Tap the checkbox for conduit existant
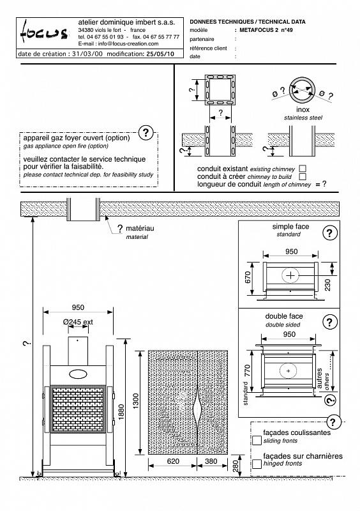pos(303,169)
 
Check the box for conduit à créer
pos(303,177)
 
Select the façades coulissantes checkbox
pos(257,440)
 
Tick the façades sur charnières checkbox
pos(257,464)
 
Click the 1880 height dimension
pos(121,412)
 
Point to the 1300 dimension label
pos(135,401)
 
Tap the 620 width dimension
pos(173,461)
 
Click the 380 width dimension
pos(211,461)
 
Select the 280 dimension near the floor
pos(236,466)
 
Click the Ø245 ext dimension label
pos(78,322)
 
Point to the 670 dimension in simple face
pos(248,277)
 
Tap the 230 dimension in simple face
pos(327,285)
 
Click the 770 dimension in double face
pos(247,371)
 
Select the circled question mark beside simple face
pos(330,233)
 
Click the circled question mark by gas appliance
pos(146,133)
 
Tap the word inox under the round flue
pos(303,109)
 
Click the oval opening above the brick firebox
pos(78,374)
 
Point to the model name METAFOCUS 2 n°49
pos(266,30)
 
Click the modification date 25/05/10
pos(160,54)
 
